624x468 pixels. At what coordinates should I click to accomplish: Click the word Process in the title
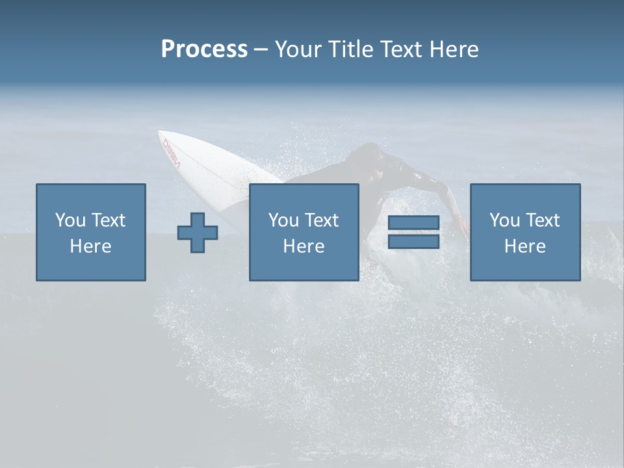pos(204,49)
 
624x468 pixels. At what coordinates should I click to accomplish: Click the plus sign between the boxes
pos(198,233)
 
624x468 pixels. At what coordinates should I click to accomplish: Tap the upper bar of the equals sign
pos(413,223)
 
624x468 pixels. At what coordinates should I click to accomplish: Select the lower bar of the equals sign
pos(413,241)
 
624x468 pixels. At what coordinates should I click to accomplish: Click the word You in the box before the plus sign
pos(70,220)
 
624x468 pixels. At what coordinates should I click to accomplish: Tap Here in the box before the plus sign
pos(90,246)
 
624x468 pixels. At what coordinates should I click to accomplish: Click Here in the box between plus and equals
pos(304,246)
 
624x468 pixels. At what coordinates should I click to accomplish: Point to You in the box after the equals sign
pos(504,220)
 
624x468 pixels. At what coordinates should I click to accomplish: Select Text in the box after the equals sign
pos(542,220)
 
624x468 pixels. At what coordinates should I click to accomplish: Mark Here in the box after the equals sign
pos(525,246)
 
